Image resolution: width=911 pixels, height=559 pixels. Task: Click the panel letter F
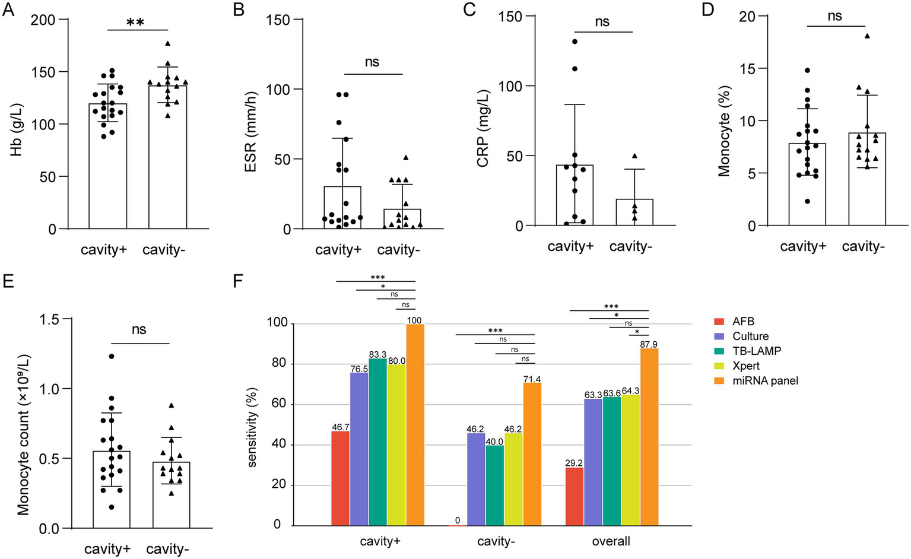(x=238, y=281)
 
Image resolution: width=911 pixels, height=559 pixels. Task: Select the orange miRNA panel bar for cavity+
(x=415, y=424)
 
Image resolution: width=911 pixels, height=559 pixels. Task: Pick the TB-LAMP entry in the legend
(x=757, y=351)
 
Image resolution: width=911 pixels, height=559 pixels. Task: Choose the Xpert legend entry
(x=746, y=366)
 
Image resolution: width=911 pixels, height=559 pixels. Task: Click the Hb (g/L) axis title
(x=17, y=125)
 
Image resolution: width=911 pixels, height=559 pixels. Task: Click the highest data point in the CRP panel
(x=574, y=42)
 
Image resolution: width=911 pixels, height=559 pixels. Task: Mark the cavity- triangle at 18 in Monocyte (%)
(x=867, y=36)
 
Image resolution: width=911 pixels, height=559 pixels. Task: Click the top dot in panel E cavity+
(x=111, y=356)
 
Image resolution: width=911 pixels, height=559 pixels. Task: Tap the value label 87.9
(x=649, y=344)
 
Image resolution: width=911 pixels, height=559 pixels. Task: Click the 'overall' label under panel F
(x=611, y=541)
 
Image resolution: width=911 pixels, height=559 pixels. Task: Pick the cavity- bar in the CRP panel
(x=634, y=212)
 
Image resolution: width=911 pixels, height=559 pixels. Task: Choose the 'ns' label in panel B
(x=372, y=62)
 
